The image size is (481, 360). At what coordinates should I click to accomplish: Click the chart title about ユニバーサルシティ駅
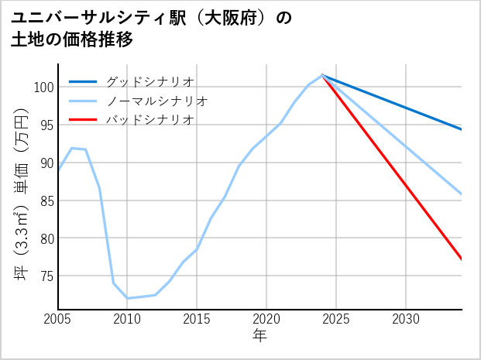coord(152,29)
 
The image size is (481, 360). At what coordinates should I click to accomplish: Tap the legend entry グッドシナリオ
coord(149,81)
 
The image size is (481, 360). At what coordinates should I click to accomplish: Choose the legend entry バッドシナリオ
coord(149,120)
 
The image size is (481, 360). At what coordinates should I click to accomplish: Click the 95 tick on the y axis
coord(46,125)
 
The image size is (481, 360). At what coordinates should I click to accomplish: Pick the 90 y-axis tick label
coord(46,163)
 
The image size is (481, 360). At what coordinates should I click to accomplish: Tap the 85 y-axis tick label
coord(46,201)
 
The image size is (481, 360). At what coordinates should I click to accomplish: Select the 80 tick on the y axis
coord(46,238)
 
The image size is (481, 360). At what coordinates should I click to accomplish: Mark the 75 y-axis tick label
coord(46,276)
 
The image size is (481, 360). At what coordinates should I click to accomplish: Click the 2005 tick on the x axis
coord(58,319)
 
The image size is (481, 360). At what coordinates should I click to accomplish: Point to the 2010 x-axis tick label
coord(128,319)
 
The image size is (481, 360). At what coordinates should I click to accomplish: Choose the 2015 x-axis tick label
coord(198,319)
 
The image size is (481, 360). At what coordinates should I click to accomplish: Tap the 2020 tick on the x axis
coord(266,319)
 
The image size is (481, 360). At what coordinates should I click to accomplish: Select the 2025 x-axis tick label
coord(336,319)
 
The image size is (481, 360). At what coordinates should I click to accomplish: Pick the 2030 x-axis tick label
coord(406,319)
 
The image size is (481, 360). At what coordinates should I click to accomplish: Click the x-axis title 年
coord(259,336)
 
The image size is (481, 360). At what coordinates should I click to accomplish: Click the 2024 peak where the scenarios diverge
coord(322,75)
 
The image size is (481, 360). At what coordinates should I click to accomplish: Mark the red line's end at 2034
coord(462,259)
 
